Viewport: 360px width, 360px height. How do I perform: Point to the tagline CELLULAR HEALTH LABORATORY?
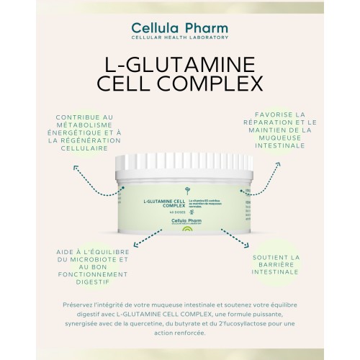pos(180,37)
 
